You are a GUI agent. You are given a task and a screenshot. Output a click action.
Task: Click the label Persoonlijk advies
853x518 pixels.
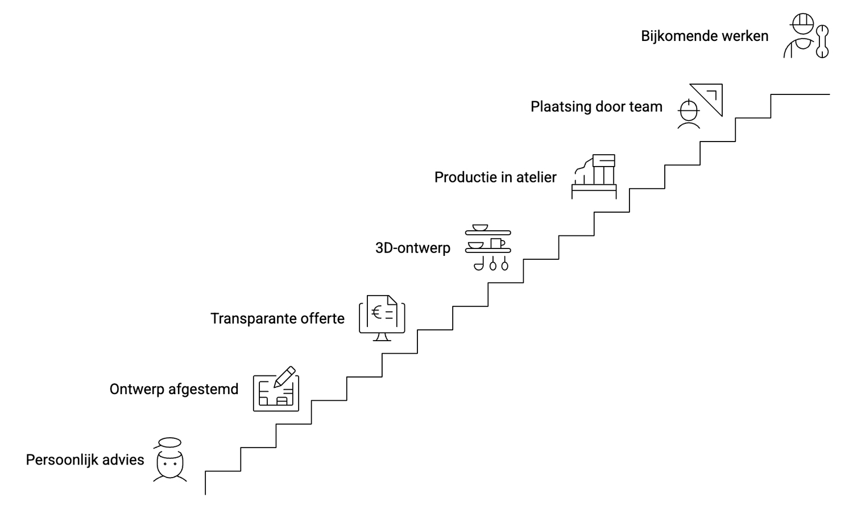85,460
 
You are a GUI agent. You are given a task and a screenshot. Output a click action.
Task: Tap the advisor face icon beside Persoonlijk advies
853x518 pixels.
169,462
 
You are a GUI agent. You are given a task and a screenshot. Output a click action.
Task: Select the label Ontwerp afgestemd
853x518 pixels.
174,389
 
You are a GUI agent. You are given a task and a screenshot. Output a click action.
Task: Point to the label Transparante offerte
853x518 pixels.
278,318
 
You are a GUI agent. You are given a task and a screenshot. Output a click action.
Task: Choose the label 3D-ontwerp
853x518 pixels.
413,248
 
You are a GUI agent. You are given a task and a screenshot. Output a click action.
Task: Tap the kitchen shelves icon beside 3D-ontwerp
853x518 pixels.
488,247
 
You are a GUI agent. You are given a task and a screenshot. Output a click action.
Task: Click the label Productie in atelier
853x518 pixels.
495,177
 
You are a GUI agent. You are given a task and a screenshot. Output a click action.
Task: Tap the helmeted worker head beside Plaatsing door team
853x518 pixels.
689,113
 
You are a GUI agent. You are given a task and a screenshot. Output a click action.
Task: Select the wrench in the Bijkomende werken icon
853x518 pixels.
822,41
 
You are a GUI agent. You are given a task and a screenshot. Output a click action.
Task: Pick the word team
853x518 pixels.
645,107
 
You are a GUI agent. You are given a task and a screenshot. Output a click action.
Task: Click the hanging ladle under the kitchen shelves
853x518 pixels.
479,264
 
